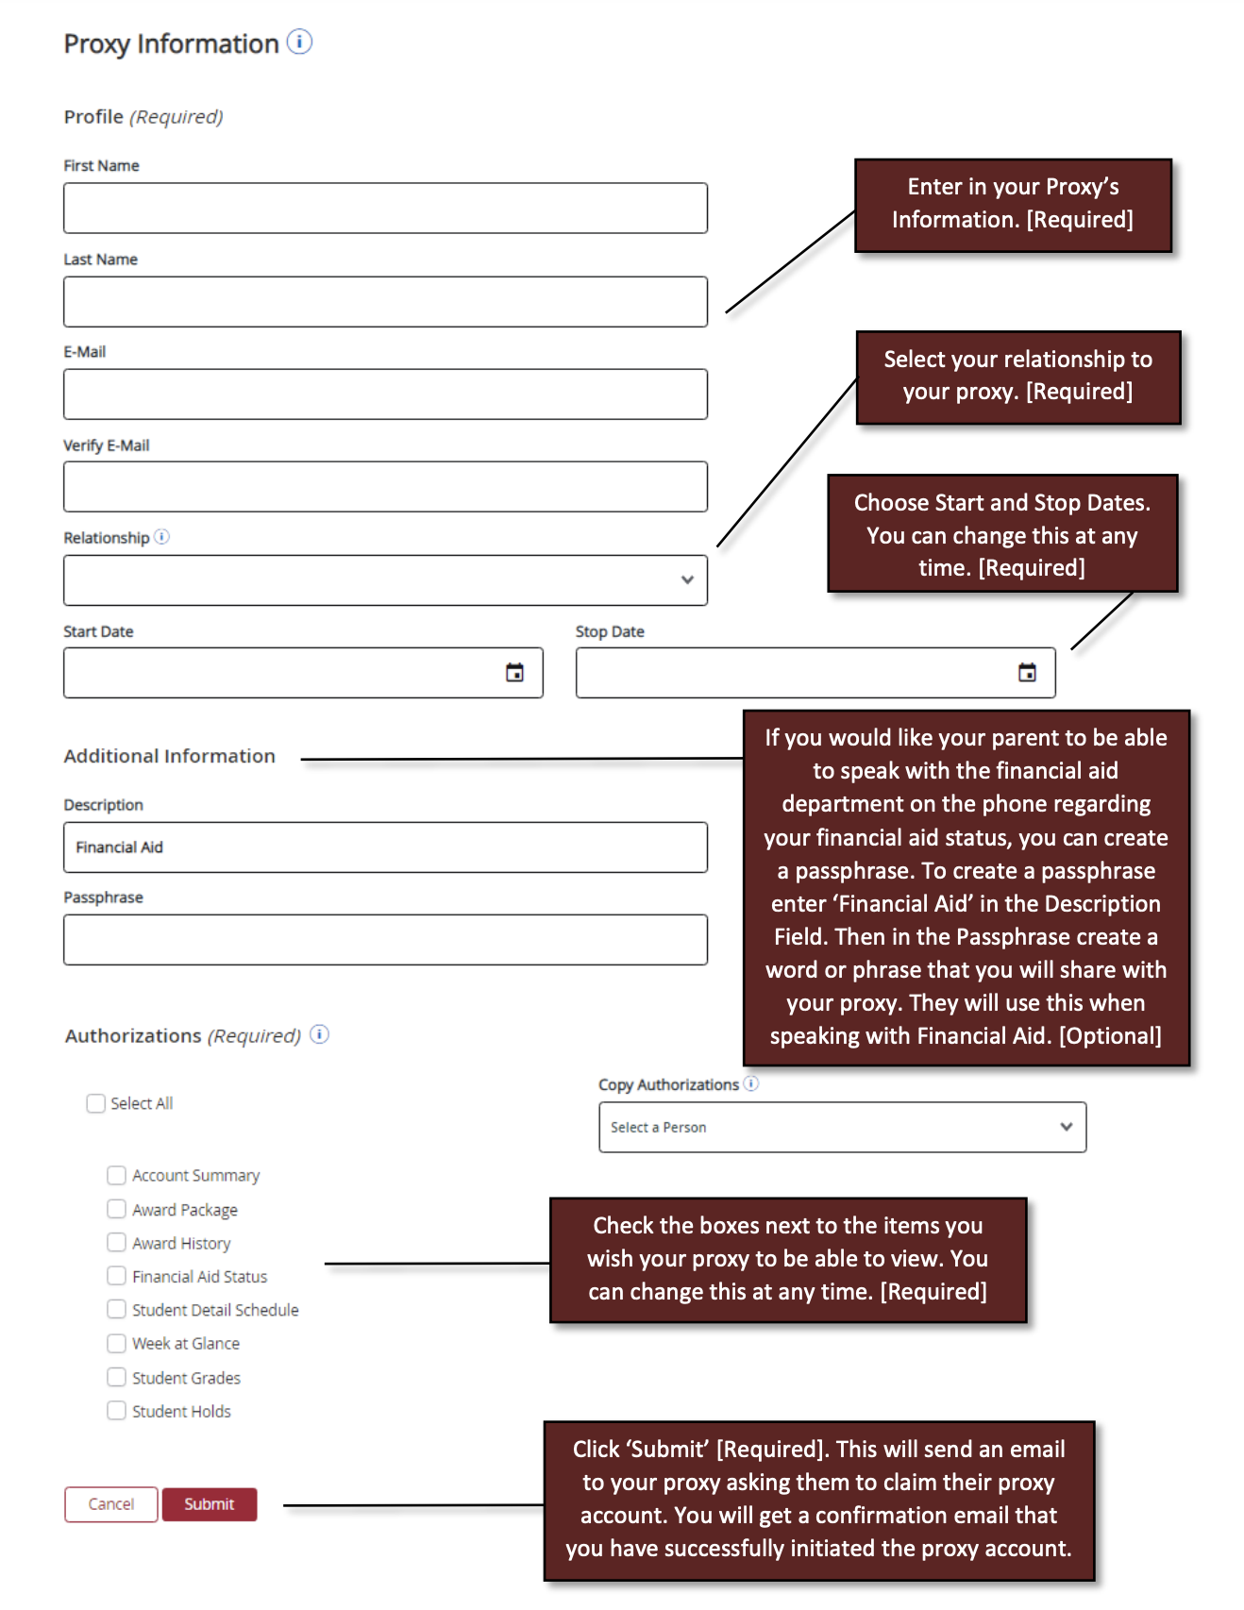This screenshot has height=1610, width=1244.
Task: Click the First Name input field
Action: (x=385, y=208)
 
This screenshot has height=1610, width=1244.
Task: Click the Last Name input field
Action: (x=385, y=302)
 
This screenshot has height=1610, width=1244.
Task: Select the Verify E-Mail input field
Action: (x=385, y=487)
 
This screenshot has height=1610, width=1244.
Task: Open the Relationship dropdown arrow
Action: (x=687, y=579)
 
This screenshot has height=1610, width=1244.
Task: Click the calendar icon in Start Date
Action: (x=514, y=673)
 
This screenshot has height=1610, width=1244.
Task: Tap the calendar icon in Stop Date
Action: (x=1027, y=673)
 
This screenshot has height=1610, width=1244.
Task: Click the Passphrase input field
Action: (x=385, y=940)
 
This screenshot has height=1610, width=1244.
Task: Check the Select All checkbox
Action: (x=95, y=1103)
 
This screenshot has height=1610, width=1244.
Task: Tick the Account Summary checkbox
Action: (x=116, y=1175)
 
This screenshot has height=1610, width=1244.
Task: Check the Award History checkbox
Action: (x=116, y=1243)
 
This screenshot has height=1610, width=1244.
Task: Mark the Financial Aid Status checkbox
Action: (x=116, y=1276)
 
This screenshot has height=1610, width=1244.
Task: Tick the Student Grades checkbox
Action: (x=116, y=1377)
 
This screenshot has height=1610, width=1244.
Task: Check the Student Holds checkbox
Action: (x=116, y=1411)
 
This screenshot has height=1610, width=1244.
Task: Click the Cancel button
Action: (x=110, y=1504)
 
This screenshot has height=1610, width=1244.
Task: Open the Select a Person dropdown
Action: (x=842, y=1127)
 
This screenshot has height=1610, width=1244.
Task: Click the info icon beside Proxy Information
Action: (x=299, y=42)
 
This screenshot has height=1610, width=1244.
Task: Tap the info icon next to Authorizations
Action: (x=320, y=1034)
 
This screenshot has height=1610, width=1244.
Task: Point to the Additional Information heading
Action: (x=170, y=756)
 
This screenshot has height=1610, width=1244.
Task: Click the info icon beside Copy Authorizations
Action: (x=751, y=1083)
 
